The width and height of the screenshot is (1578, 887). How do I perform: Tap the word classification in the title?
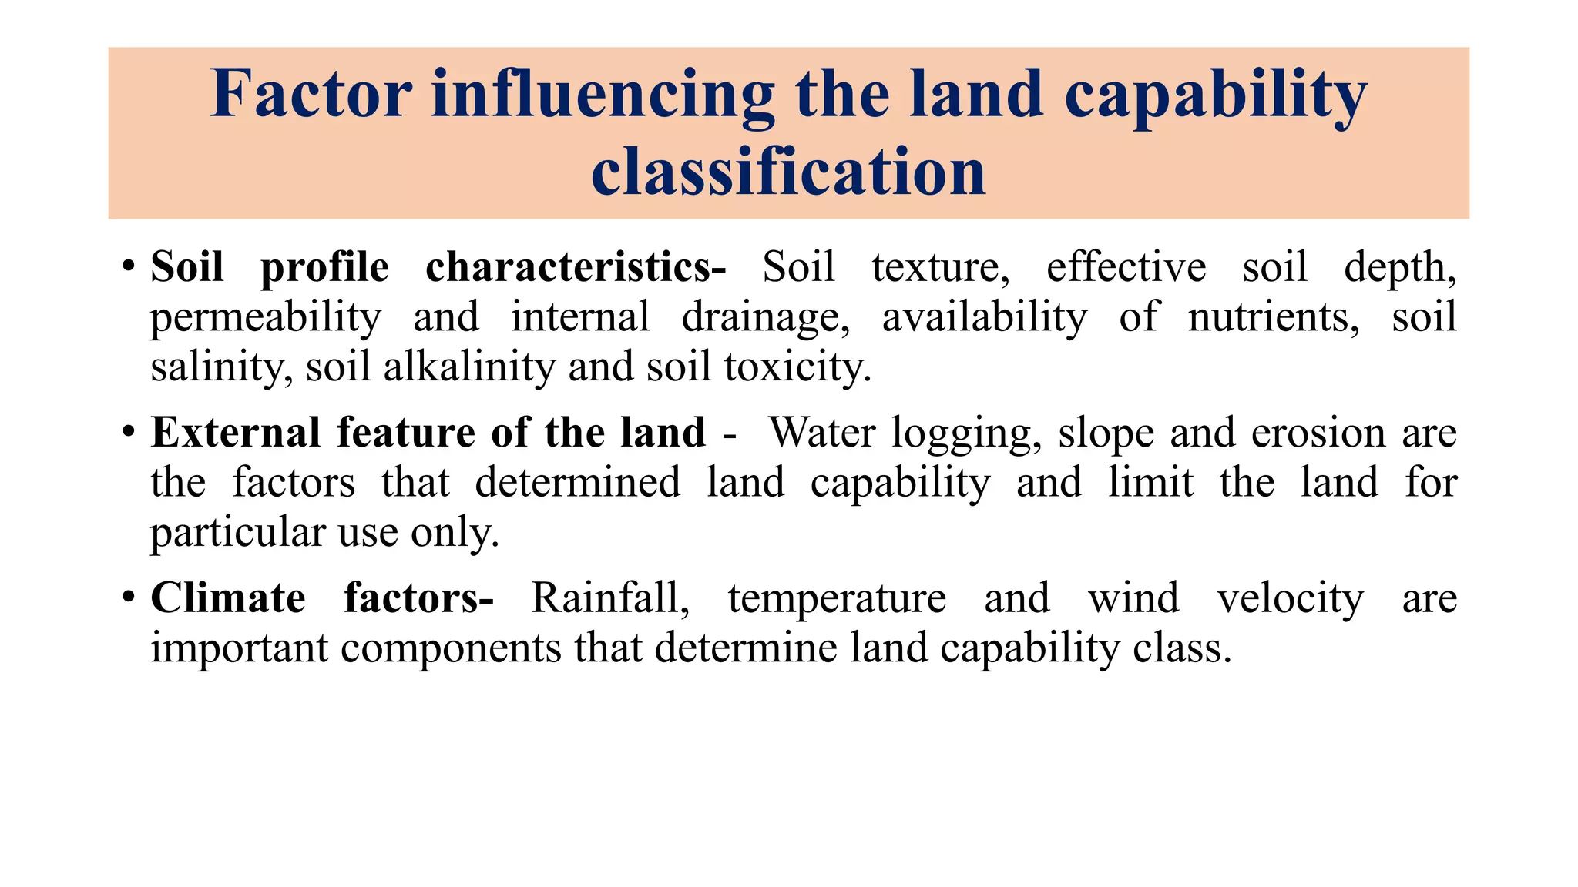pos(788,172)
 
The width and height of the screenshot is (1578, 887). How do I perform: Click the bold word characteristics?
pos(575,267)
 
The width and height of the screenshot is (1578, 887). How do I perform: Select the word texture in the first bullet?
pos(940,268)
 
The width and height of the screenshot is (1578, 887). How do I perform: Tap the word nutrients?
pos(1274,317)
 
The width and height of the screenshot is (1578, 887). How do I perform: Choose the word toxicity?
pos(797,368)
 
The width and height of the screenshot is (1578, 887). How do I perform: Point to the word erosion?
pos(1318,433)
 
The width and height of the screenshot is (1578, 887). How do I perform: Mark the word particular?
pos(238,533)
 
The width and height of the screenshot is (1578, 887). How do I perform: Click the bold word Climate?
pos(228,597)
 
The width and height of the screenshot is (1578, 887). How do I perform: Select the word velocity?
pos(1291,599)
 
